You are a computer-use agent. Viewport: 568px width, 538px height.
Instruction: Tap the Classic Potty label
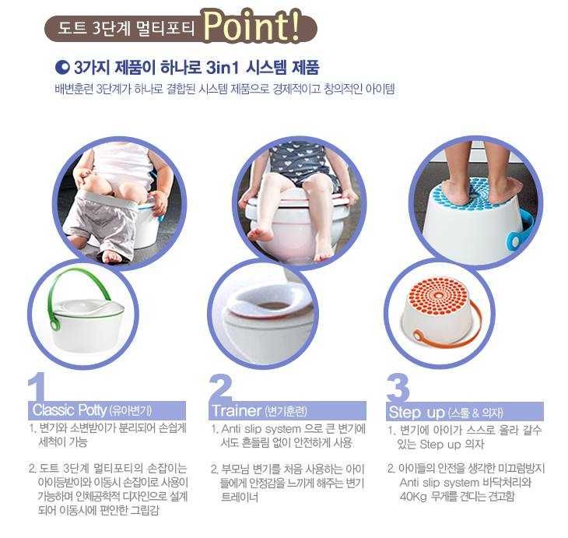coord(69,410)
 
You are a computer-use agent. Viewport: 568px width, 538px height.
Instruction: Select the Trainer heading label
coord(237,410)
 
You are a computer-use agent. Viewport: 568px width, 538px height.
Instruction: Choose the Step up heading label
coord(416,411)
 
